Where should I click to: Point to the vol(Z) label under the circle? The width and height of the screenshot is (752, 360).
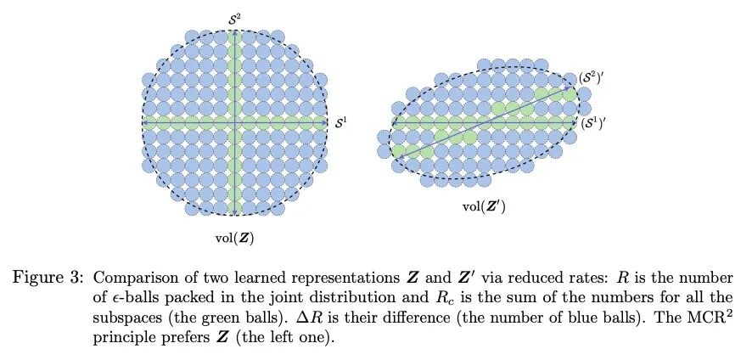pos(234,238)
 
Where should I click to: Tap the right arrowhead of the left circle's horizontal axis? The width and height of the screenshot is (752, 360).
pos(325,124)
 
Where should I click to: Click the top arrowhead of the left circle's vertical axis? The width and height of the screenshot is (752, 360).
pos(234,31)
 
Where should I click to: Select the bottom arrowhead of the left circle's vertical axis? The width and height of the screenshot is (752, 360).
pos(234,214)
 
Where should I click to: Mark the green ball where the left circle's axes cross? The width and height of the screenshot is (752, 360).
pos(234,124)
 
